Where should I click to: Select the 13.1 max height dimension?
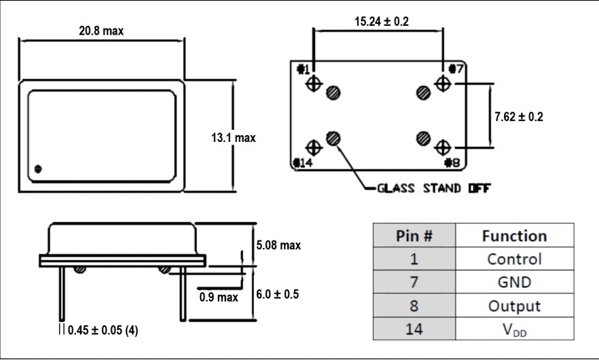click(234, 138)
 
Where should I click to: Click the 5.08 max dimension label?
click(277, 245)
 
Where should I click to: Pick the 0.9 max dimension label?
click(219, 298)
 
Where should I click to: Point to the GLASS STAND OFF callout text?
click(434, 188)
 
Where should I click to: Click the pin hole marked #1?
click(314, 84)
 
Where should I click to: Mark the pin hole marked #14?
click(314, 147)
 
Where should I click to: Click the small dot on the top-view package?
click(39, 168)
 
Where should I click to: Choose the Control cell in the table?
click(514, 259)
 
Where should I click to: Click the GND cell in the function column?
click(514, 282)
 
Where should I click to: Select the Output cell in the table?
click(514, 306)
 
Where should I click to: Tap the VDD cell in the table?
click(514, 329)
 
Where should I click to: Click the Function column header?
click(514, 236)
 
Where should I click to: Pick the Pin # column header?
click(414, 236)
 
